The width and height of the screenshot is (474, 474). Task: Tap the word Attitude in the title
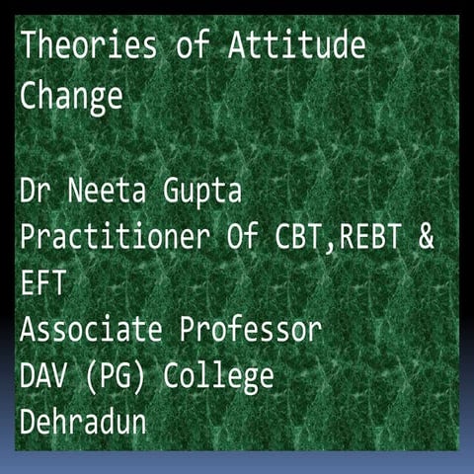tap(295, 45)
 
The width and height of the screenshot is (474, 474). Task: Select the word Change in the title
tap(71, 98)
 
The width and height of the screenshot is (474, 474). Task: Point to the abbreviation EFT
tap(41, 284)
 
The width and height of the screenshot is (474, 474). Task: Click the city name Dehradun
tap(83, 423)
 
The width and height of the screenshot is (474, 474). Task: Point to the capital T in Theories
tap(29, 45)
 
